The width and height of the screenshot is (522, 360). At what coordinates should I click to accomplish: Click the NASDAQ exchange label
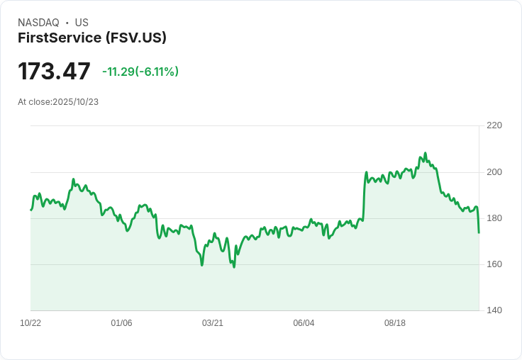point(38,23)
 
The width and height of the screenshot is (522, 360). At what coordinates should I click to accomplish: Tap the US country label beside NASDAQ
point(82,23)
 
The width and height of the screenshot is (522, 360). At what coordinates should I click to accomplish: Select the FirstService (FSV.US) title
point(92,38)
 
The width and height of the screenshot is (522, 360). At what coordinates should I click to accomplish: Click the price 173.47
point(55,72)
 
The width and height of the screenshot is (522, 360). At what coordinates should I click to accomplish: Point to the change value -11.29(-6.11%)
point(140,72)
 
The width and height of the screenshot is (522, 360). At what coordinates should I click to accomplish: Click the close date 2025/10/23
point(75,102)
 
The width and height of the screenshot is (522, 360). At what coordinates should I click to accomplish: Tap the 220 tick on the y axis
point(494,125)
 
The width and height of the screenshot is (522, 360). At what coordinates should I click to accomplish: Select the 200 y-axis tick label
point(494,172)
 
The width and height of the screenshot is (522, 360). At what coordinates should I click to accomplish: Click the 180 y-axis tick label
point(494,218)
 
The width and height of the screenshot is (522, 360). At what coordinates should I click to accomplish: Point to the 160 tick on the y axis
point(494,264)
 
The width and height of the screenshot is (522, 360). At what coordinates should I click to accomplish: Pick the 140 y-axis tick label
point(494,310)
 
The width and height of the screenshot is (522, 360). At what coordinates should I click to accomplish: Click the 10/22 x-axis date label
point(30,323)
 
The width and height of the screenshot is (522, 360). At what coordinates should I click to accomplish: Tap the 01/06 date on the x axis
point(122,323)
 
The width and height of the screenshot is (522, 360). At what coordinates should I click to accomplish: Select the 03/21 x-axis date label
point(213,323)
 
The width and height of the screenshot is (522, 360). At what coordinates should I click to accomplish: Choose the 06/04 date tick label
point(304,323)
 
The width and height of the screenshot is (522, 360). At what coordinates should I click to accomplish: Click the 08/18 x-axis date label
point(395,323)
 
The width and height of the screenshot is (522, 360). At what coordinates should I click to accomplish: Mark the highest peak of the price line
point(426,153)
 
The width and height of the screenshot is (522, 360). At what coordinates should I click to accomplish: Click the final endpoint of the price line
point(479,232)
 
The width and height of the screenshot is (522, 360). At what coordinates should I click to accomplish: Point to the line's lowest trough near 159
point(234,266)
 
